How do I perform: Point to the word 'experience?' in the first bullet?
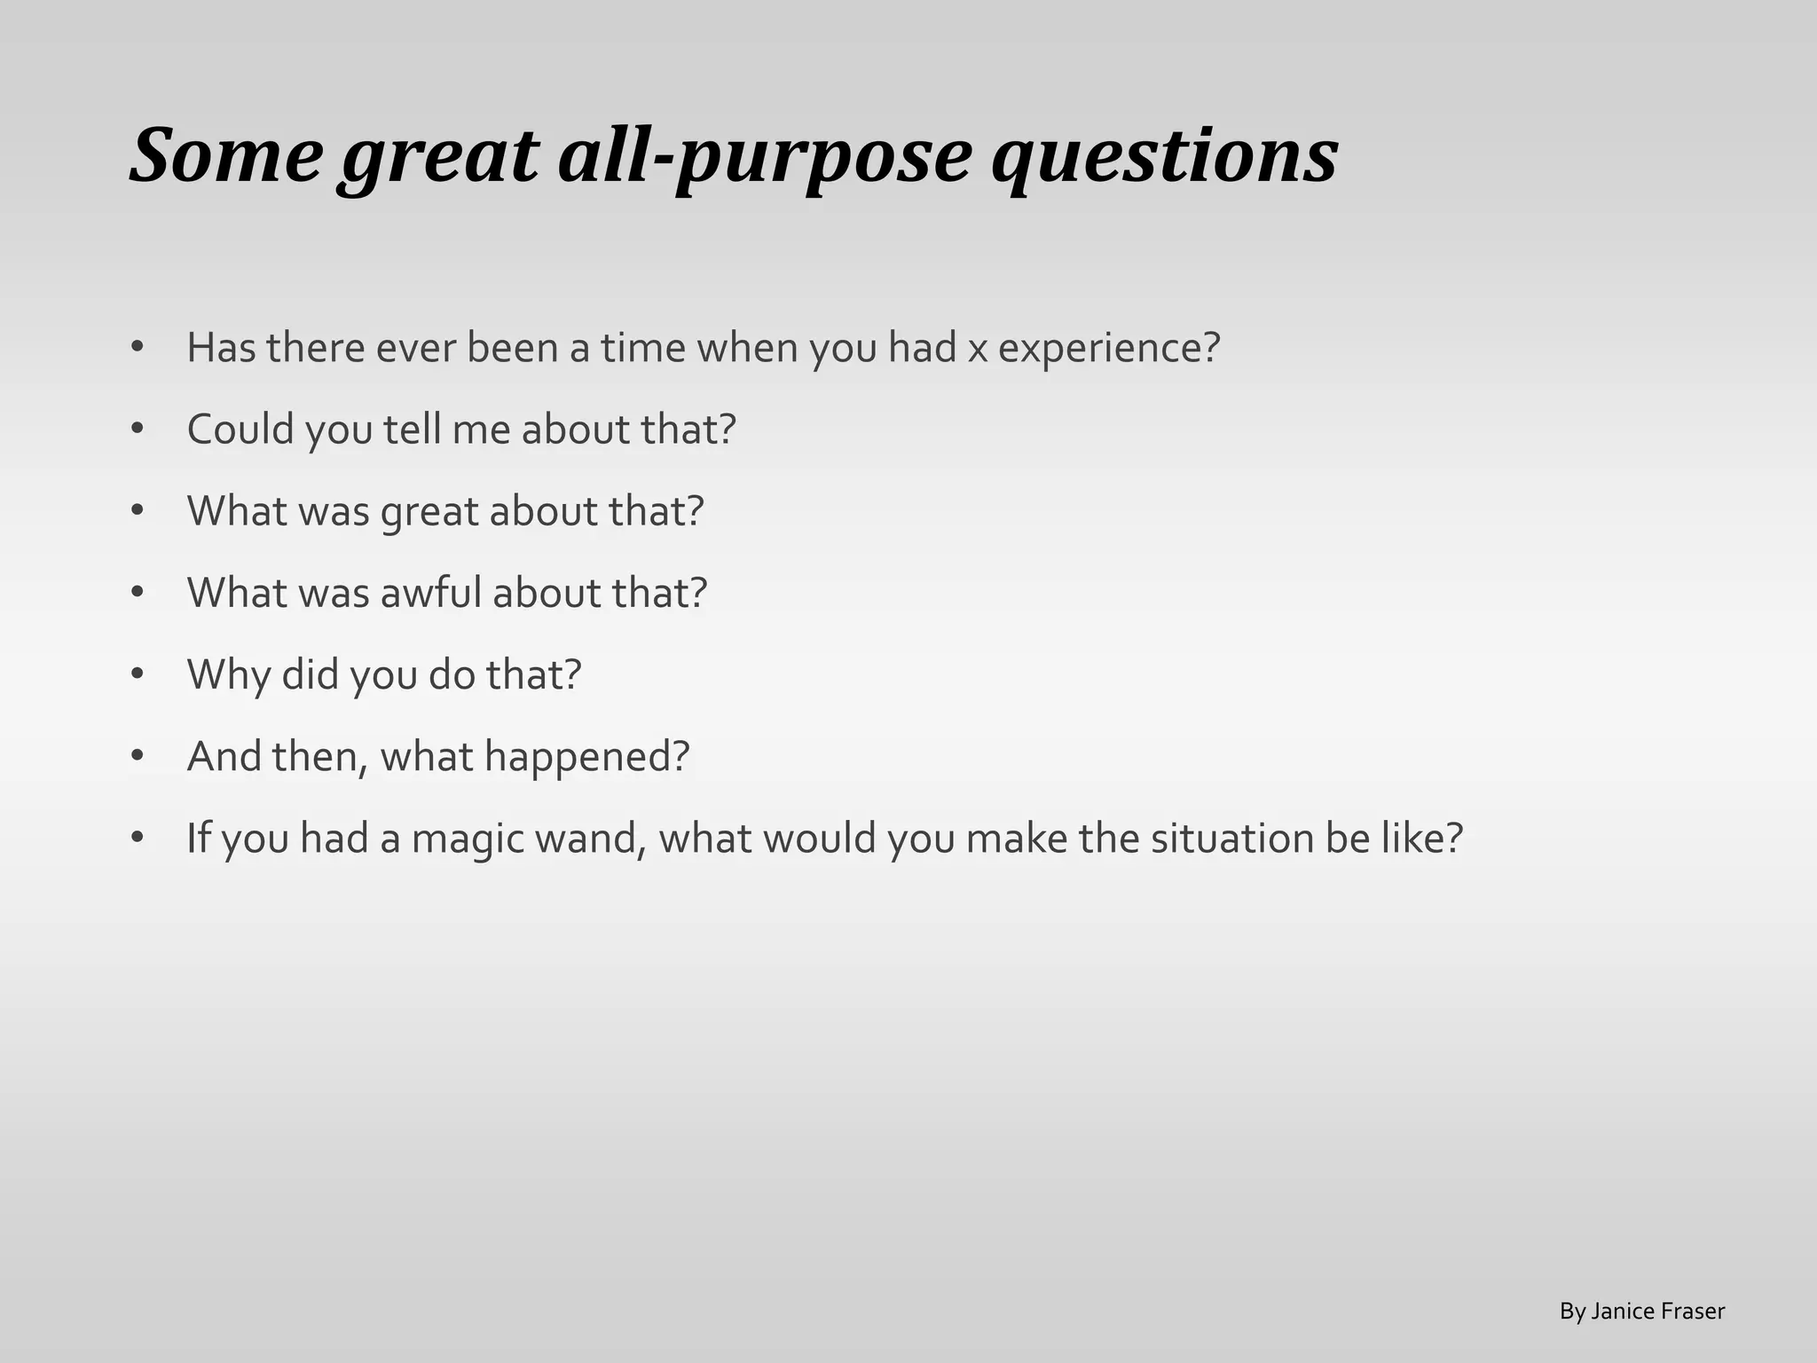(1109, 348)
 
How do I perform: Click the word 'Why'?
(229, 675)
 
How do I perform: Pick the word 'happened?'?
(586, 757)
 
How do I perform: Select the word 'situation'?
(1232, 839)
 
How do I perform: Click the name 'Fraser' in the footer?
(1695, 1312)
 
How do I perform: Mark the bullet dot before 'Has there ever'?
(137, 347)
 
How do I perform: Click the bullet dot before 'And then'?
(137, 756)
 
